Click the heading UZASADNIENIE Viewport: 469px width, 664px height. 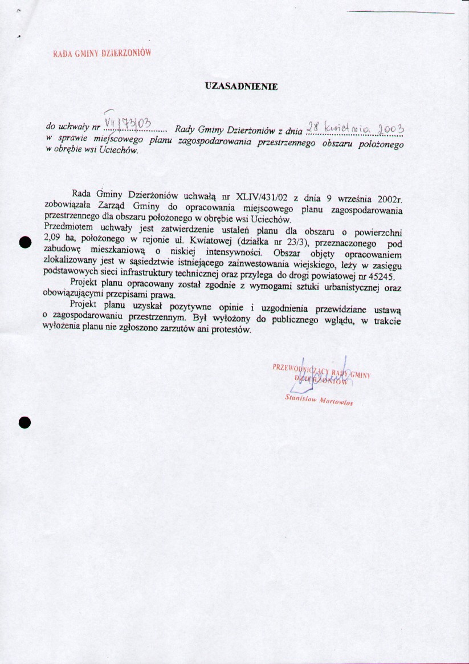[x=241, y=87]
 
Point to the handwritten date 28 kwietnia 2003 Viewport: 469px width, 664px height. [x=355, y=127]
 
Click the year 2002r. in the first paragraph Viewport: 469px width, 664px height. [x=390, y=199]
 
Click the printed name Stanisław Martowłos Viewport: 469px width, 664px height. [x=319, y=400]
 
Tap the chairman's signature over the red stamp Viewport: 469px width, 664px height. [x=320, y=373]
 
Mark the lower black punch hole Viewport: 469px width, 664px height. [x=24, y=422]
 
